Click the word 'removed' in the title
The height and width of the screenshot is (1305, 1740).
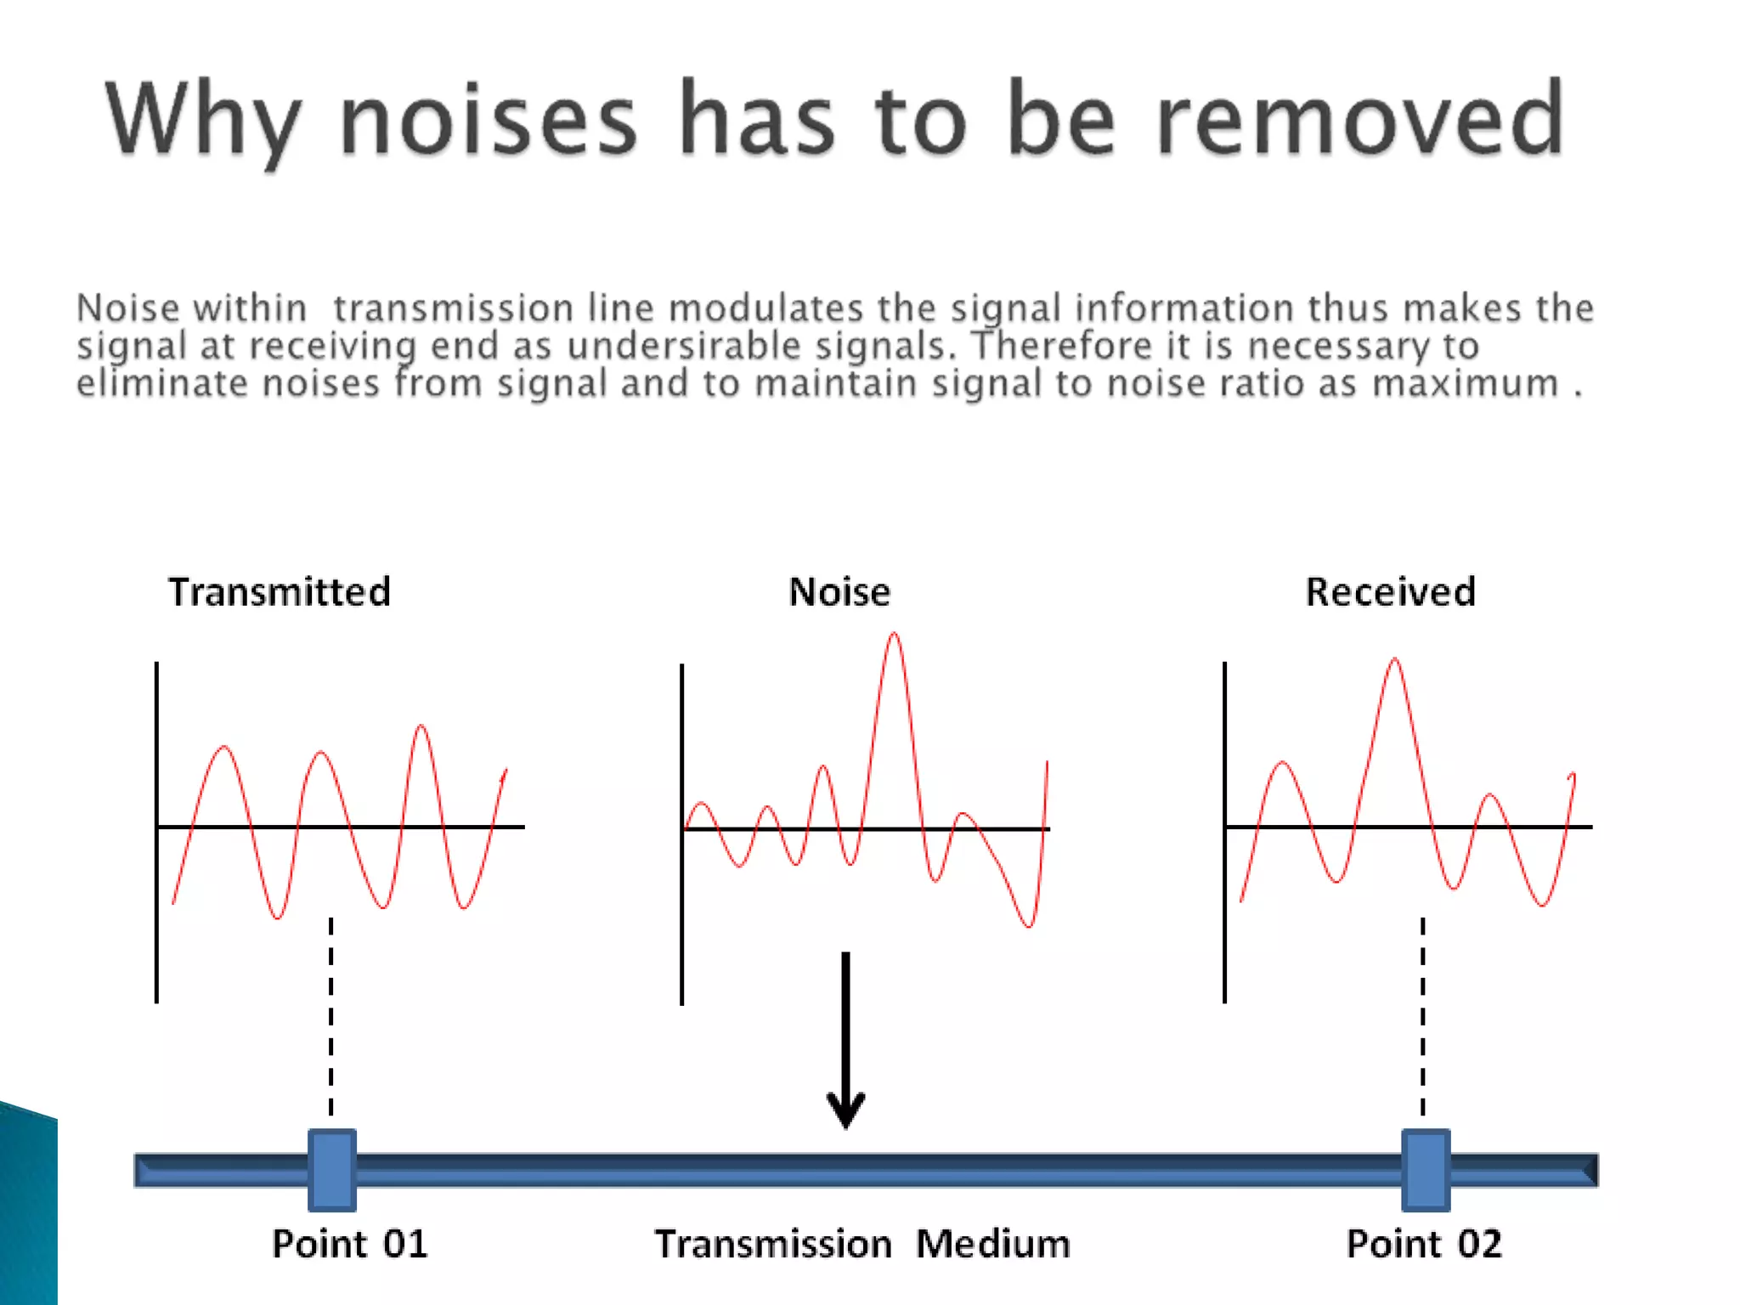[x=1359, y=119]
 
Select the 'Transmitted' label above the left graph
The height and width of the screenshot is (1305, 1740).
[x=280, y=592]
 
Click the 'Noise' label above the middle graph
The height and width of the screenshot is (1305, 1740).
[x=839, y=592]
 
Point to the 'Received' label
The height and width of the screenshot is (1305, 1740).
[x=1390, y=592]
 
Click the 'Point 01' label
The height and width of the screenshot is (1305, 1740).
[x=349, y=1244]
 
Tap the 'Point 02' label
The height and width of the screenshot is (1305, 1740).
[x=1424, y=1244]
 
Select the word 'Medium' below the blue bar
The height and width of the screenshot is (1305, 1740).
[x=992, y=1244]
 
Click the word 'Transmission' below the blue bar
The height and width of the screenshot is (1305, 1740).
[x=773, y=1244]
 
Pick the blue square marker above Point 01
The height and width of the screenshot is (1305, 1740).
[x=331, y=1170]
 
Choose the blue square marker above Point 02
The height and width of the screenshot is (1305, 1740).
[x=1425, y=1170]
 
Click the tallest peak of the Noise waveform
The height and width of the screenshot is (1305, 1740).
[x=894, y=636]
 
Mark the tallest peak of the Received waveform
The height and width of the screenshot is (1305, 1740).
[x=1395, y=660]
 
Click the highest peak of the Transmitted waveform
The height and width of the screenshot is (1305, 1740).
[x=421, y=727]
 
